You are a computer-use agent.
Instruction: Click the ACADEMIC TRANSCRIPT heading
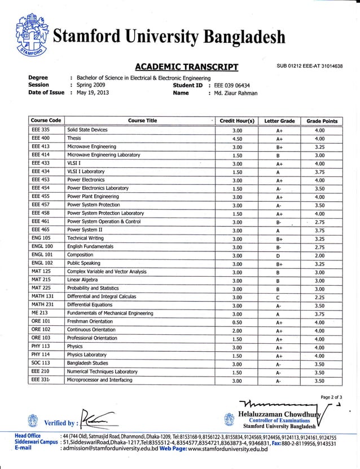(187, 67)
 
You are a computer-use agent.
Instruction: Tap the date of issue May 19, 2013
(93, 93)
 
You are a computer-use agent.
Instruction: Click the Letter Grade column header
(279, 121)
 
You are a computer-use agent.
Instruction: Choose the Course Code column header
(46, 121)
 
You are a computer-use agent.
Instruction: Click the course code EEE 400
(41, 138)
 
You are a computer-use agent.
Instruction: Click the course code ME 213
(39, 313)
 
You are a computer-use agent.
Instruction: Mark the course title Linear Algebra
(86, 280)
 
